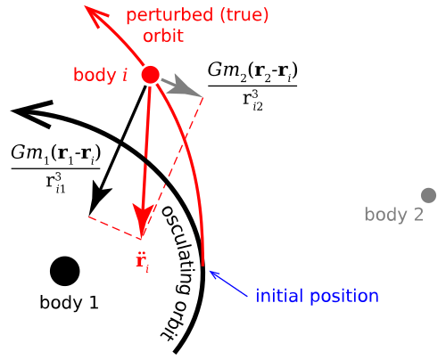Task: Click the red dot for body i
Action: (x=150, y=75)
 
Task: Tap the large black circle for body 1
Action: (x=65, y=271)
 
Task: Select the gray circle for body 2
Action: (x=428, y=195)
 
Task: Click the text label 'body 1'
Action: (x=69, y=303)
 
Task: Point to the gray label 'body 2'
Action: (x=394, y=215)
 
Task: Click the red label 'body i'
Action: (x=100, y=75)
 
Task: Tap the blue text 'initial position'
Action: (x=317, y=296)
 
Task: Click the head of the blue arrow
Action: (x=211, y=273)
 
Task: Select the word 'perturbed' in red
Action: (x=169, y=16)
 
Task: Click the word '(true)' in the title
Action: (x=244, y=15)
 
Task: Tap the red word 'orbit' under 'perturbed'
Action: (x=163, y=36)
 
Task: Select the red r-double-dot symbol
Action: (x=142, y=263)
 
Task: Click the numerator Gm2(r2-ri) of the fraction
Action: (x=252, y=71)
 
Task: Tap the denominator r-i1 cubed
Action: (x=55, y=184)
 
